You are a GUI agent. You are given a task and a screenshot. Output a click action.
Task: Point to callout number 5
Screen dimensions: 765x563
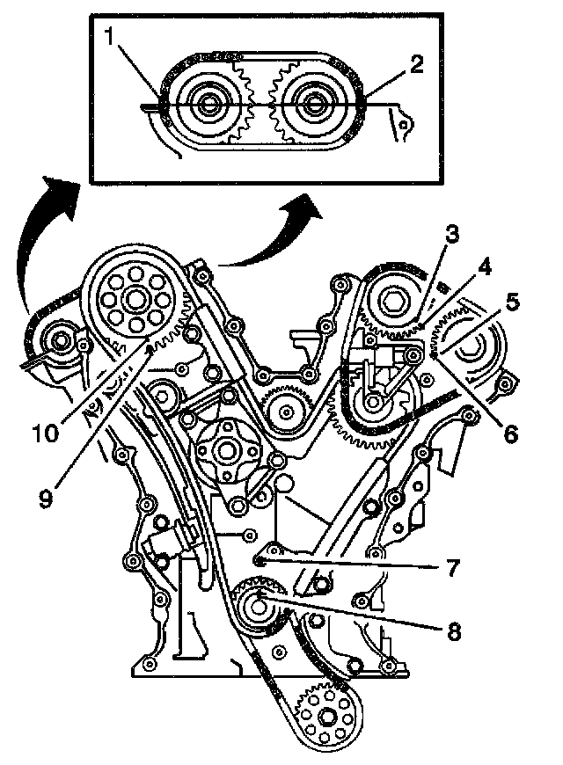pos(513,302)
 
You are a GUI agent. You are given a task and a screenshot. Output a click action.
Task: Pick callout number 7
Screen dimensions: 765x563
pos(453,567)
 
